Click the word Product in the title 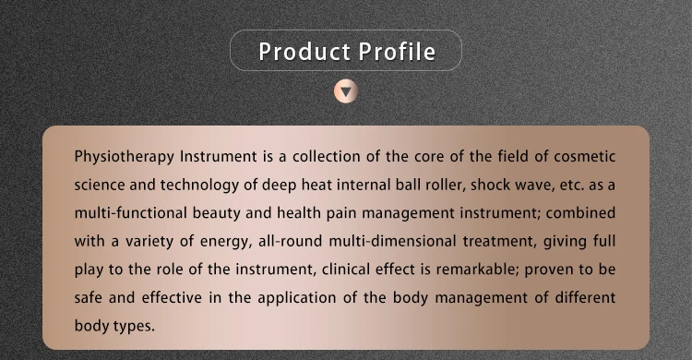pyautogui.click(x=304, y=52)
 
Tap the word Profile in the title pyautogui.click(x=397, y=52)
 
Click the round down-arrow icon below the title pyautogui.click(x=346, y=91)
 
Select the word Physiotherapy pyautogui.click(x=125, y=157)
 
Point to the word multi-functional pyautogui.click(x=130, y=213)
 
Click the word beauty pyautogui.click(x=216, y=214)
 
